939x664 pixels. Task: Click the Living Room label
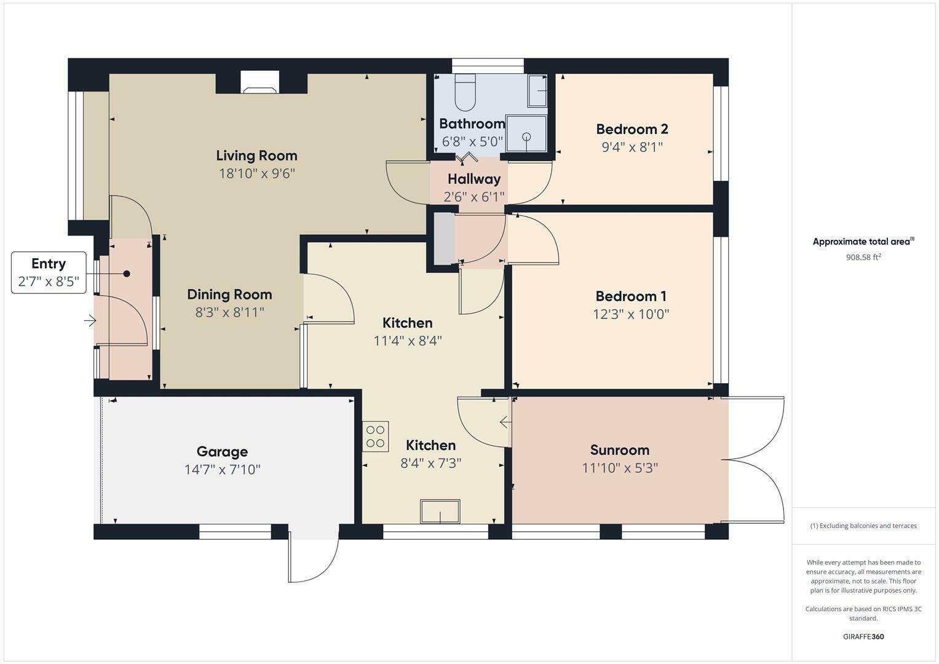click(256, 156)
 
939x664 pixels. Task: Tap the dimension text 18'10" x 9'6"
click(257, 173)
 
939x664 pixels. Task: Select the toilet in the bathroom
click(465, 92)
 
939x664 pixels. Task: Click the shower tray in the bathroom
click(526, 134)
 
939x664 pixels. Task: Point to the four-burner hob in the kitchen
click(376, 437)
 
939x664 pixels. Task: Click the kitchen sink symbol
click(440, 512)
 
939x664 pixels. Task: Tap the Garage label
click(222, 451)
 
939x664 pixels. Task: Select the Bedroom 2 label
click(632, 129)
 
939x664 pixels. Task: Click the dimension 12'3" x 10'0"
click(631, 314)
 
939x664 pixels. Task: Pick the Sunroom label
click(620, 450)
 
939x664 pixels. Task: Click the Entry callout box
click(49, 272)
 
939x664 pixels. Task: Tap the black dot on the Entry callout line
click(127, 274)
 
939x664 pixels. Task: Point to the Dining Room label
click(229, 294)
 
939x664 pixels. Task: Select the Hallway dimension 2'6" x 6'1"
click(474, 197)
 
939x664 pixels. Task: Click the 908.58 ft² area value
click(863, 257)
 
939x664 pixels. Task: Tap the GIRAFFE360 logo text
click(863, 636)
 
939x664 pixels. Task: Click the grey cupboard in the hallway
click(445, 239)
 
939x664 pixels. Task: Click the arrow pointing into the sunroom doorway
click(505, 422)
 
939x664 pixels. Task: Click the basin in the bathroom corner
click(538, 90)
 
